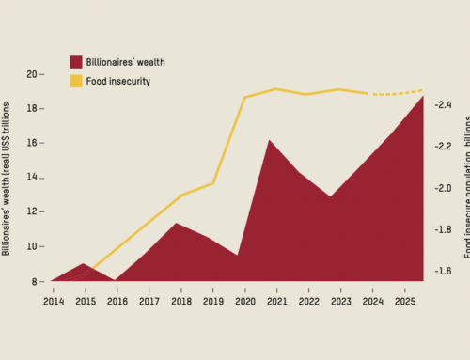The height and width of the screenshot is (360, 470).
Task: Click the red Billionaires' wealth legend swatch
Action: point(76,62)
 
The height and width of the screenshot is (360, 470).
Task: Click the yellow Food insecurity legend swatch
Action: point(76,81)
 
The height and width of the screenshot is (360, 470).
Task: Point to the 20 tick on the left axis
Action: point(33,74)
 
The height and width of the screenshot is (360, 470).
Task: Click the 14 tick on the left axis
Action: point(33,178)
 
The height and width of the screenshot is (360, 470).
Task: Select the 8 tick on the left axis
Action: point(36,281)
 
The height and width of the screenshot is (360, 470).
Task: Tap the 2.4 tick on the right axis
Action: point(440,105)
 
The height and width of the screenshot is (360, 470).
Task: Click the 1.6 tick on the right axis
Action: point(440,271)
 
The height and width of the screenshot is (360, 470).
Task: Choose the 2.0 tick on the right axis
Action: point(440,188)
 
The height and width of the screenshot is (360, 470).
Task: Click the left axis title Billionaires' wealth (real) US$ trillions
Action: point(8,179)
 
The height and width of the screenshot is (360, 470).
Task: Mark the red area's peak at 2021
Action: point(271,140)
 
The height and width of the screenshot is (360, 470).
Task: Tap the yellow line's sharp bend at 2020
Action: point(244,98)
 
